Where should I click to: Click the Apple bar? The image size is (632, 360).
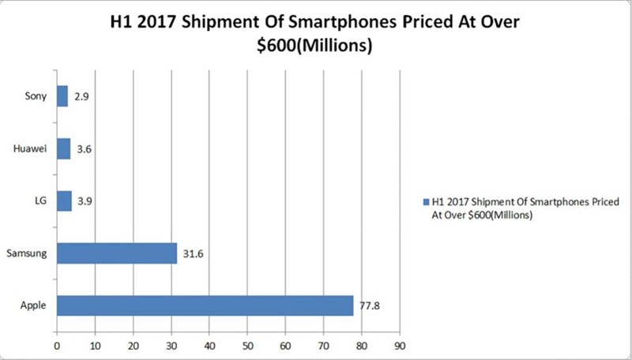(205, 305)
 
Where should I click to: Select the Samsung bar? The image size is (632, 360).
(117, 253)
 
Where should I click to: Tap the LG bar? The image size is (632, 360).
(64, 201)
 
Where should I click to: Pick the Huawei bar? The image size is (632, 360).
(63, 148)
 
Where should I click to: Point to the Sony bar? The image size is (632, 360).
(62, 96)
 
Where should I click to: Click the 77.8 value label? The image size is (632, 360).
(370, 305)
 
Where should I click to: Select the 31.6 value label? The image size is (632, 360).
(193, 253)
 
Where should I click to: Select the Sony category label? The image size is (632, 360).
(36, 96)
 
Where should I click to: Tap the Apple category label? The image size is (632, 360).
(34, 305)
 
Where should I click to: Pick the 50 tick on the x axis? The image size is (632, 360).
(247, 345)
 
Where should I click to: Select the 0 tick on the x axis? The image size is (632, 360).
(57, 345)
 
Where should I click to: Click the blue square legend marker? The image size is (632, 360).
(427, 201)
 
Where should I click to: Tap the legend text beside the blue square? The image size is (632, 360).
(525, 207)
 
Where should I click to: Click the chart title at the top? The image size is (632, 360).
(316, 33)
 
